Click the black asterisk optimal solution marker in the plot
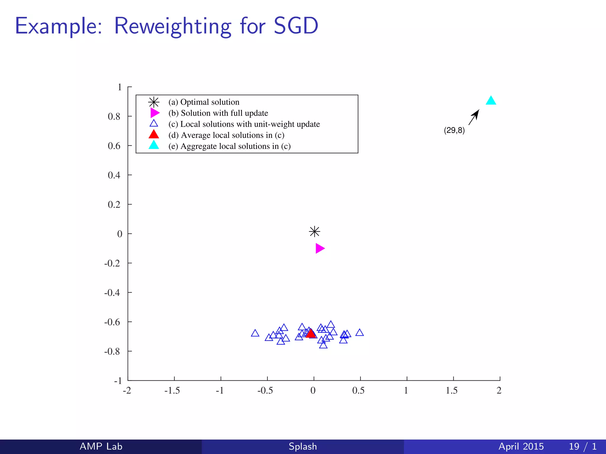[x=314, y=231]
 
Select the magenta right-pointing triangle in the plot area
[x=319, y=248]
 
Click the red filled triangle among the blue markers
[x=311, y=334]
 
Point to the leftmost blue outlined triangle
[x=255, y=333]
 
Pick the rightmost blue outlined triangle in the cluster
[x=360, y=333]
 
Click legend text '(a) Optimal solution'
[x=204, y=102]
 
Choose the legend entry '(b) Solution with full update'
[x=218, y=113]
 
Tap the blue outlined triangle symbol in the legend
[x=154, y=124]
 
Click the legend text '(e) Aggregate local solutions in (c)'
[x=230, y=146]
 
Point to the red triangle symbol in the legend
[x=154, y=134]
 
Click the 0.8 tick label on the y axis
[x=114, y=116]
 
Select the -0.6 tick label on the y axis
[x=112, y=322]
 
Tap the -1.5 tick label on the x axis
[x=172, y=390]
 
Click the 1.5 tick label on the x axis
[x=452, y=390]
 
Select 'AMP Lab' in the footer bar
[x=101, y=446]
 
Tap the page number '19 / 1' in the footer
[x=583, y=446]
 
